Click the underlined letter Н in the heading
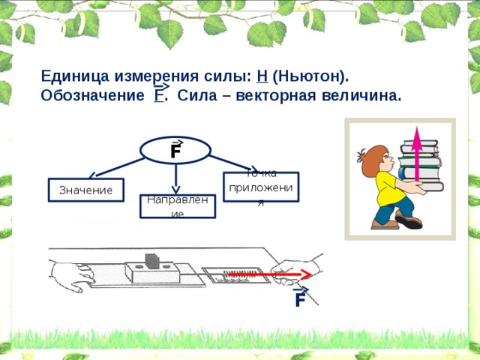click(x=261, y=76)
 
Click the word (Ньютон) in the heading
click(x=310, y=76)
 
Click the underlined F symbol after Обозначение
click(x=159, y=96)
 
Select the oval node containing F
click(x=175, y=150)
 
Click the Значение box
click(x=85, y=190)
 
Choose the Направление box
click(x=177, y=206)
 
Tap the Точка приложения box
click(x=261, y=187)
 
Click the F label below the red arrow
click(x=299, y=300)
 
